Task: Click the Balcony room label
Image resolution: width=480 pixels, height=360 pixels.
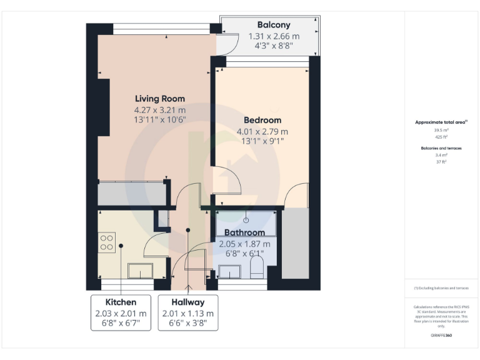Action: coord(269,25)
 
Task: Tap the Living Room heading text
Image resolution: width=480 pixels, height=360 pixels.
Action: coord(161,98)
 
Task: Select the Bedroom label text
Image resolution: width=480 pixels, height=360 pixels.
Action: coord(262,119)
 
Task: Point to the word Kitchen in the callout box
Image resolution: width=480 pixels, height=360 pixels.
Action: coord(121,302)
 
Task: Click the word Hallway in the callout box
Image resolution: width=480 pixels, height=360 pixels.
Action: coord(188,302)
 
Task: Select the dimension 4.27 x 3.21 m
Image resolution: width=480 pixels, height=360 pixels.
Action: coord(161,109)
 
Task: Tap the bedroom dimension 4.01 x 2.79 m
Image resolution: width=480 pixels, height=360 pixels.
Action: coord(262,131)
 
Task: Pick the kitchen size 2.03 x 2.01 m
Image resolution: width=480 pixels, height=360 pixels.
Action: coord(121,313)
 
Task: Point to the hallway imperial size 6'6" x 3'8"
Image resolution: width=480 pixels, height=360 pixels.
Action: coord(188,324)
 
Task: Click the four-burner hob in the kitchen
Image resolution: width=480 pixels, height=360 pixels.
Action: coord(107,242)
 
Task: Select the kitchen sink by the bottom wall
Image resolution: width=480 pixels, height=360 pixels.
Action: coord(140,270)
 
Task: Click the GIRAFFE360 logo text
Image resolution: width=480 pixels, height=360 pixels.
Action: coord(441,336)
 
